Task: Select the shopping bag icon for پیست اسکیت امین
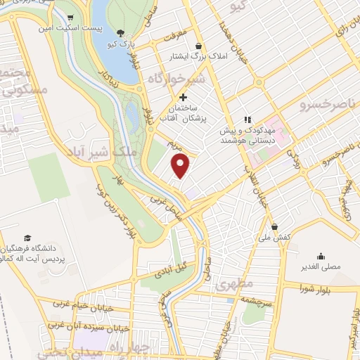point(70,18)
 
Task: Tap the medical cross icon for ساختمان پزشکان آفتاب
point(184,97)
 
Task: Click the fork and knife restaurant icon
point(247,120)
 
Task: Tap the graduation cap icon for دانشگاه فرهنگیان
point(27,238)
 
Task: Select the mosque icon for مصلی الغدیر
point(321,256)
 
